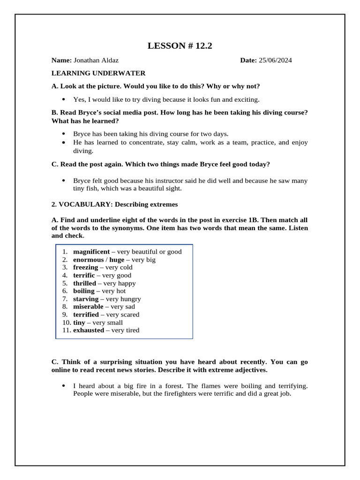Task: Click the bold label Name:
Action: click(61, 60)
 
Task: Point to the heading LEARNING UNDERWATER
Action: click(98, 73)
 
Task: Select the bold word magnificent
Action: click(91, 252)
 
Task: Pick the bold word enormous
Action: click(88, 260)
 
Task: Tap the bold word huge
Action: click(117, 260)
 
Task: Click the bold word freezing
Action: click(85, 267)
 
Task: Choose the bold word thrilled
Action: click(84, 283)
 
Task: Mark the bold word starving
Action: click(86, 299)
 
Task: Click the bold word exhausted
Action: click(89, 330)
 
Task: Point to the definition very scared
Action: click(123, 315)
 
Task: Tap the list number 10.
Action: click(66, 322)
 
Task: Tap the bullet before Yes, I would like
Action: click(63, 99)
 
